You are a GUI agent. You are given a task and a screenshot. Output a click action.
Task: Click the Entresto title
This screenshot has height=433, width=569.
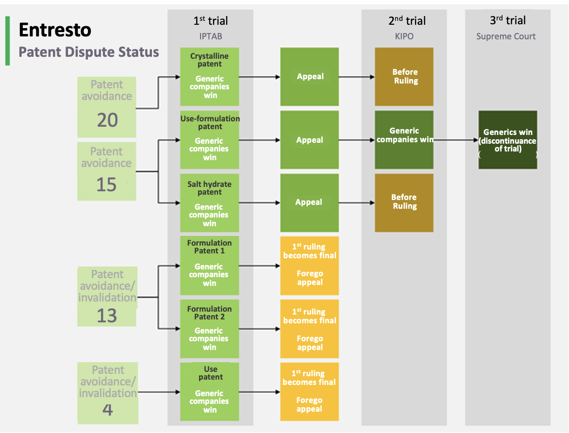point(55,30)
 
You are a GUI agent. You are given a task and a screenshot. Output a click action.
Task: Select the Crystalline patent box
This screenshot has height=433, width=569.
point(210,76)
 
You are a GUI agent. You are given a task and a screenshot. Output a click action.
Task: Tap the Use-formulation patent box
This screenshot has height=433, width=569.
point(210,140)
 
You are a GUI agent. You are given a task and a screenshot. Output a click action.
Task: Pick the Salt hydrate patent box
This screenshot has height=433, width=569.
point(210,202)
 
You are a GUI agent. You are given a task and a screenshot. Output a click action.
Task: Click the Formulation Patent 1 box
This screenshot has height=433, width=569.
point(210,266)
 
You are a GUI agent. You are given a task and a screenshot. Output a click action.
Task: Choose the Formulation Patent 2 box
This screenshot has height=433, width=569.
point(210,329)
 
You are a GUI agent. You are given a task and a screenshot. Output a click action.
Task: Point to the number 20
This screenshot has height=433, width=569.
point(107,120)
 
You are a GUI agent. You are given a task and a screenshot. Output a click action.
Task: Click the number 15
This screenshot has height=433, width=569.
point(106,184)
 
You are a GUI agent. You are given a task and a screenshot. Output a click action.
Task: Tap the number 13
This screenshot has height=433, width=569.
point(107,316)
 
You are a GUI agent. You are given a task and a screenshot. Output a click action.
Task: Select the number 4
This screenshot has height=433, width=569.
point(108,410)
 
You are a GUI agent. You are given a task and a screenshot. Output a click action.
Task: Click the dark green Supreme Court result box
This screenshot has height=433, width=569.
point(508,140)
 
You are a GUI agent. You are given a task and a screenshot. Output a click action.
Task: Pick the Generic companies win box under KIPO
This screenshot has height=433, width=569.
point(404,140)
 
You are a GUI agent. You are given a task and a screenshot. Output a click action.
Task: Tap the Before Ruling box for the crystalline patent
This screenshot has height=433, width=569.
point(404,77)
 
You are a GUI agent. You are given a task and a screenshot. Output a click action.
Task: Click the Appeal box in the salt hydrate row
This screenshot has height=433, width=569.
point(309,202)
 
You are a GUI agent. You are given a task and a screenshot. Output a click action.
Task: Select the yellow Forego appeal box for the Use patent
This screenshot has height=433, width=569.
point(309,391)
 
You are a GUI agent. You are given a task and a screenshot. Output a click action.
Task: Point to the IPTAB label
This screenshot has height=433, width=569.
point(210,36)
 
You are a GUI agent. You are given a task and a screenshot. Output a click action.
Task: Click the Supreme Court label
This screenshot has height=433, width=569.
point(506,36)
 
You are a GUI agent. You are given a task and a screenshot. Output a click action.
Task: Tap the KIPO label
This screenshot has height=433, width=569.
point(404,36)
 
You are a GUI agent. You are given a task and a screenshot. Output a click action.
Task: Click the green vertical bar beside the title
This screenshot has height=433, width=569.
point(8,41)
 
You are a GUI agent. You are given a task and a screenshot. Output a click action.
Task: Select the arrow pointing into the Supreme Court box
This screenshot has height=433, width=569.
point(456,140)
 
